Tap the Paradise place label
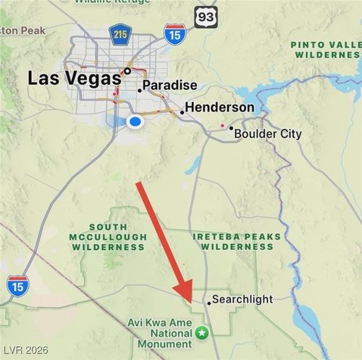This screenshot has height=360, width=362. (x=169, y=85)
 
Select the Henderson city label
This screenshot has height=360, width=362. (x=219, y=108)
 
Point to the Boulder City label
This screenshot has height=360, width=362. (x=268, y=134)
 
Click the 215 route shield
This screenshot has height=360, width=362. (x=120, y=33)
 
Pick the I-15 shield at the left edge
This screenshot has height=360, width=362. (x=17, y=284)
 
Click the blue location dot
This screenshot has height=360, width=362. (x=134, y=122)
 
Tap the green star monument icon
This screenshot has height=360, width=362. (x=202, y=332)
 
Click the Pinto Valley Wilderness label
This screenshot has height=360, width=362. (x=325, y=49)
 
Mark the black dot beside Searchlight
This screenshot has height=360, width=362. (x=209, y=303)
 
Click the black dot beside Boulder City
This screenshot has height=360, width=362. (x=231, y=128)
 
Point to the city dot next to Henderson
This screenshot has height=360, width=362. (x=182, y=112)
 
